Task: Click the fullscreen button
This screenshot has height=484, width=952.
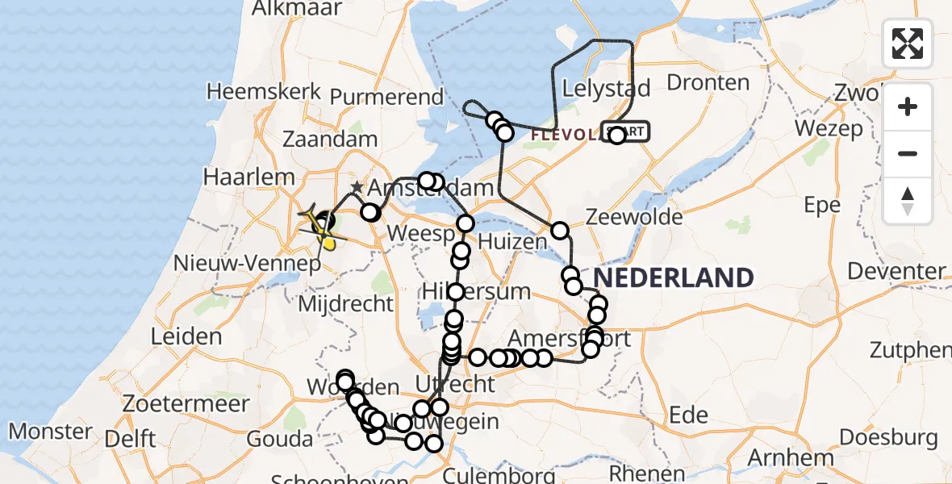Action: coord(908,43)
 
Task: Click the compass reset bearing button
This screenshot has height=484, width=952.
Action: coord(908,201)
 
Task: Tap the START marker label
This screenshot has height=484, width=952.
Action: coord(626,131)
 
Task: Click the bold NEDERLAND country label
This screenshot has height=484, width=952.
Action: coord(674,277)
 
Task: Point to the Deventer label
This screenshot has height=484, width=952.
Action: coord(896,271)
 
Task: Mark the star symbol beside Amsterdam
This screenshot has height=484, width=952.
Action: coord(357,188)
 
